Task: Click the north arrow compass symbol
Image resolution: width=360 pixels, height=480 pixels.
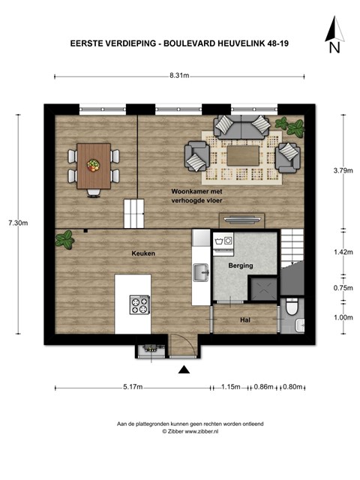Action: point(334,34)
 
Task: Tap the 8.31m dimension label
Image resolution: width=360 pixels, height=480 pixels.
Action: point(179,75)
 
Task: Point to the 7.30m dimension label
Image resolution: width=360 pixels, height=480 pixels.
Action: point(18,223)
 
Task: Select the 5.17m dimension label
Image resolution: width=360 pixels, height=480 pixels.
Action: point(133,387)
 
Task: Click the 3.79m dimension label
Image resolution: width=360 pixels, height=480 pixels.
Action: point(343,170)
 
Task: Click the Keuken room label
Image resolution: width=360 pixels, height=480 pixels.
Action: point(143,253)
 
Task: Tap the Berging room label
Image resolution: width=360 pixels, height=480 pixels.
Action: point(241,265)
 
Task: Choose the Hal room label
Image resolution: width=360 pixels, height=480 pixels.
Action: point(245,320)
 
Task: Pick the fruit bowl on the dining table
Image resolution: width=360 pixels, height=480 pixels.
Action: point(93,165)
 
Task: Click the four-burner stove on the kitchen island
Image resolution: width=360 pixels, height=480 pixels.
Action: point(139,305)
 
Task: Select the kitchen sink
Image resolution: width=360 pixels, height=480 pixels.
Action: point(201,272)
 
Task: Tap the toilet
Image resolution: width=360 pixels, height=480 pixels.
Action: point(292,307)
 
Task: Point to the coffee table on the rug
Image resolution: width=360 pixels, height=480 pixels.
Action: point(243,155)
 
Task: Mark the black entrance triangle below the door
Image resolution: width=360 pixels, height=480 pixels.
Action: point(184,370)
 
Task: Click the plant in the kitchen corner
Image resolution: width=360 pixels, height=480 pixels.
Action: point(65,239)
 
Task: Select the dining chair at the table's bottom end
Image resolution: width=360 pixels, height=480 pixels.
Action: point(94,193)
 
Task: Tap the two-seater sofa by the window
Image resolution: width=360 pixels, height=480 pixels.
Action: point(242,127)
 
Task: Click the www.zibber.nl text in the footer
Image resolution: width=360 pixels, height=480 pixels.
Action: point(202,431)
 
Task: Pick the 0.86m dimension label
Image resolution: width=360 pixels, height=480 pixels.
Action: point(263,387)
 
